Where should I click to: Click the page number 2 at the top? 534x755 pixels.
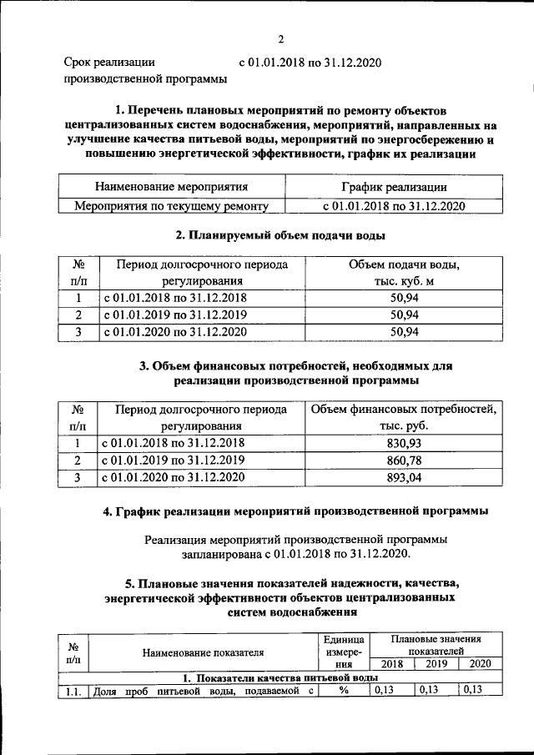coord(281,39)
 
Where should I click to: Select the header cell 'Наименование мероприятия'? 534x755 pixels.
coord(171,187)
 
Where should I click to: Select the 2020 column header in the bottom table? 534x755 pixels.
coord(480,664)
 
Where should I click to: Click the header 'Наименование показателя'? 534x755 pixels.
coord(203,652)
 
